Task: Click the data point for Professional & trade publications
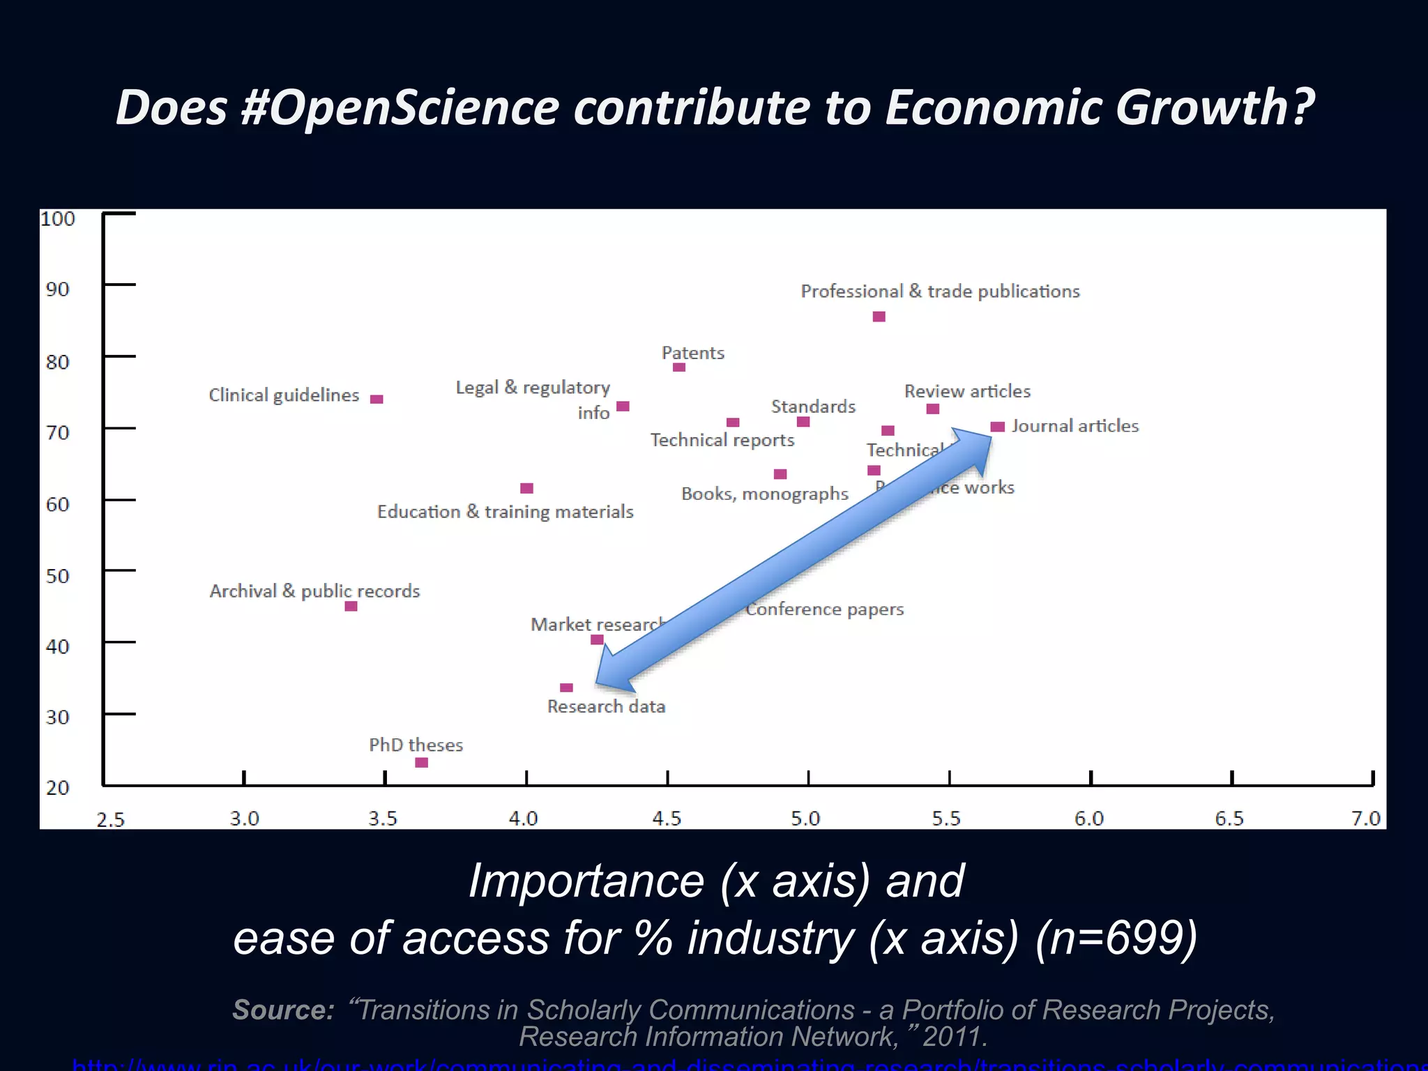click(879, 317)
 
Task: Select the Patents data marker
click(679, 367)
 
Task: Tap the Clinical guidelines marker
click(377, 400)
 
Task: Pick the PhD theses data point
click(421, 763)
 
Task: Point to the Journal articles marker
click(998, 427)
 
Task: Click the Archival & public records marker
click(351, 607)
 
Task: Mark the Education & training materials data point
click(527, 488)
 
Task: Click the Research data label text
click(606, 706)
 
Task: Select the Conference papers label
click(825, 609)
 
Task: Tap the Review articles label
click(967, 391)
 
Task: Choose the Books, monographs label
click(765, 494)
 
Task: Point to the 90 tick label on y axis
click(58, 289)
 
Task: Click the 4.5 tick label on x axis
click(666, 818)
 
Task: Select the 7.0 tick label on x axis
click(1365, 818)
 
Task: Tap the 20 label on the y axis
click(58, 788)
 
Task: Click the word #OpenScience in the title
click(400, 107)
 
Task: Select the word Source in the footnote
click(283, 1010)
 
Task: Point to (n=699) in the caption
click(1116, 937)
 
